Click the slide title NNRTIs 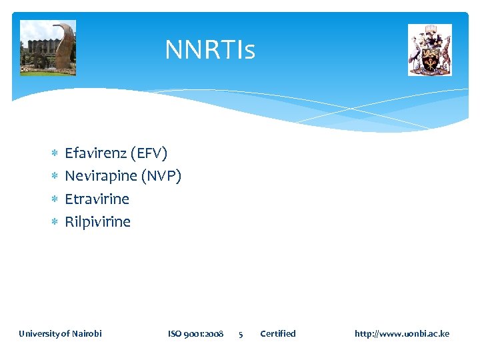210,49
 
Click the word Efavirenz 95,153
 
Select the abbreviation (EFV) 149,153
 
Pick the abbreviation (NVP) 161,176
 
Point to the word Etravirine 97,199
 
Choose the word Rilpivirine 97,221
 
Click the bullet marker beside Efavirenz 55,154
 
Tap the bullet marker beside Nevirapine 55,177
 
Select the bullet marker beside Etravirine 55,199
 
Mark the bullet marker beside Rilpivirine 55,222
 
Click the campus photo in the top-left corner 47,47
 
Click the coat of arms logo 429,50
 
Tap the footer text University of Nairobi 60,333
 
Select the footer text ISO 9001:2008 195,333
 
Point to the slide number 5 241,334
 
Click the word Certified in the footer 277,333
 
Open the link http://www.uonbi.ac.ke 402,333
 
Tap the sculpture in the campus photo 64,45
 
